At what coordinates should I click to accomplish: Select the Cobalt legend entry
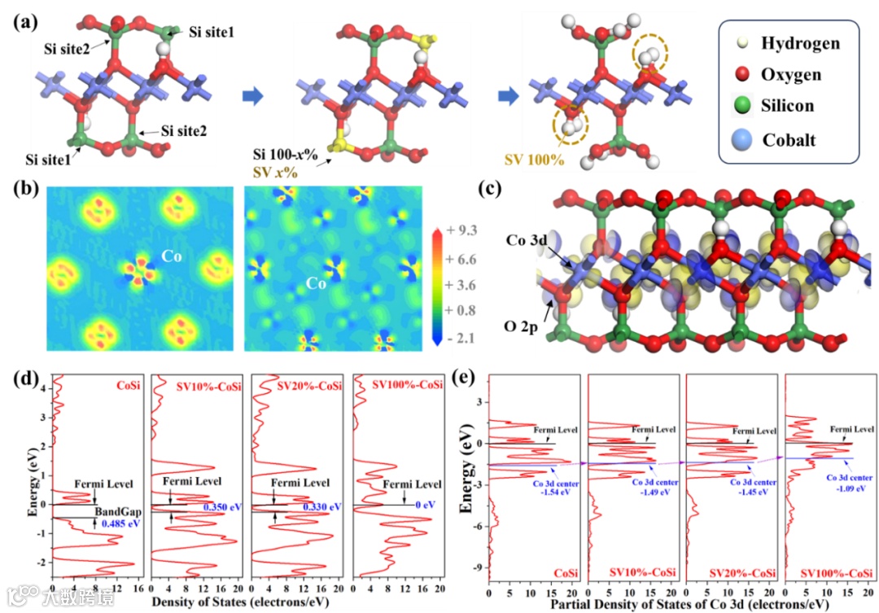click(789, 140)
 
